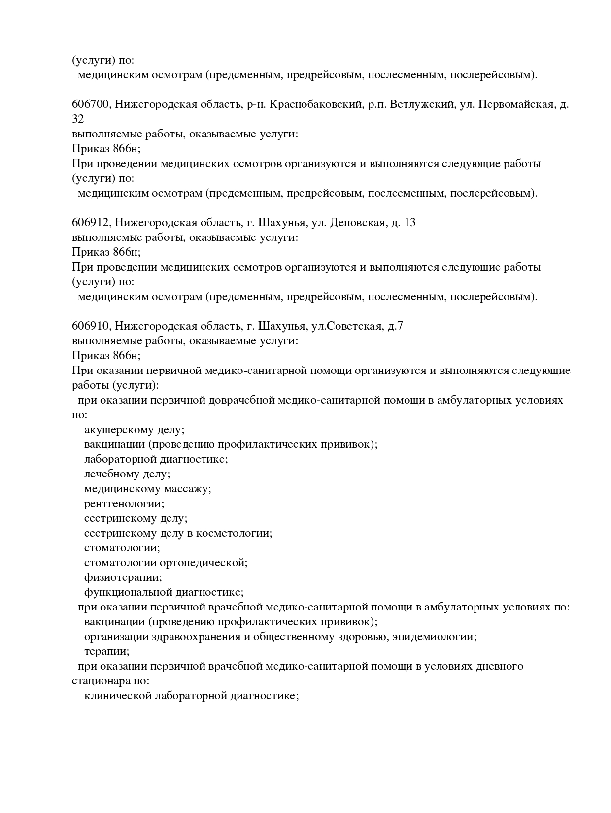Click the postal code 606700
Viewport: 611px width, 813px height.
91,104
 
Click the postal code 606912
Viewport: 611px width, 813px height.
91,223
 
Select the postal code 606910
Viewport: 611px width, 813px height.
91,326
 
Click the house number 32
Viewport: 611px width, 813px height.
78,119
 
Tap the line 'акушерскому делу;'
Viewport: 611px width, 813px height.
134,430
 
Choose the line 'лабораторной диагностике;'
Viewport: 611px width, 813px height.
156,459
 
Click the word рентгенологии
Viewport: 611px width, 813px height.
123,504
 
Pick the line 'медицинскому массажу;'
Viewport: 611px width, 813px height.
147,489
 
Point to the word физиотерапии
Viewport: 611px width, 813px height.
122,577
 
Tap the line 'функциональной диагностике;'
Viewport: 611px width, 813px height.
164,592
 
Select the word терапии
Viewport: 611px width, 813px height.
106,651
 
